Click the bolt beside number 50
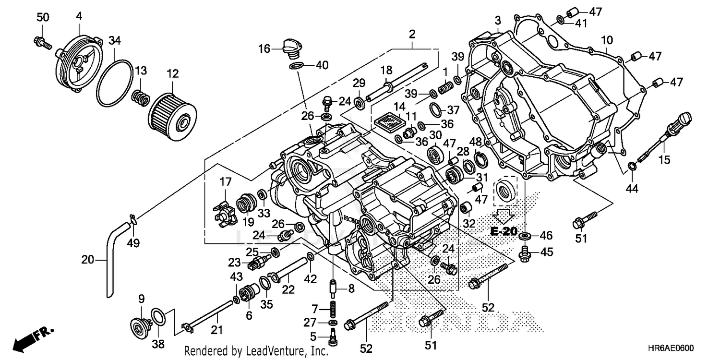43,43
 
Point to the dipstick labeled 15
665,136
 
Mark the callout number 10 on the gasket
606,39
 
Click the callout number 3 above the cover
498,20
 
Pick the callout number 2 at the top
412,34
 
